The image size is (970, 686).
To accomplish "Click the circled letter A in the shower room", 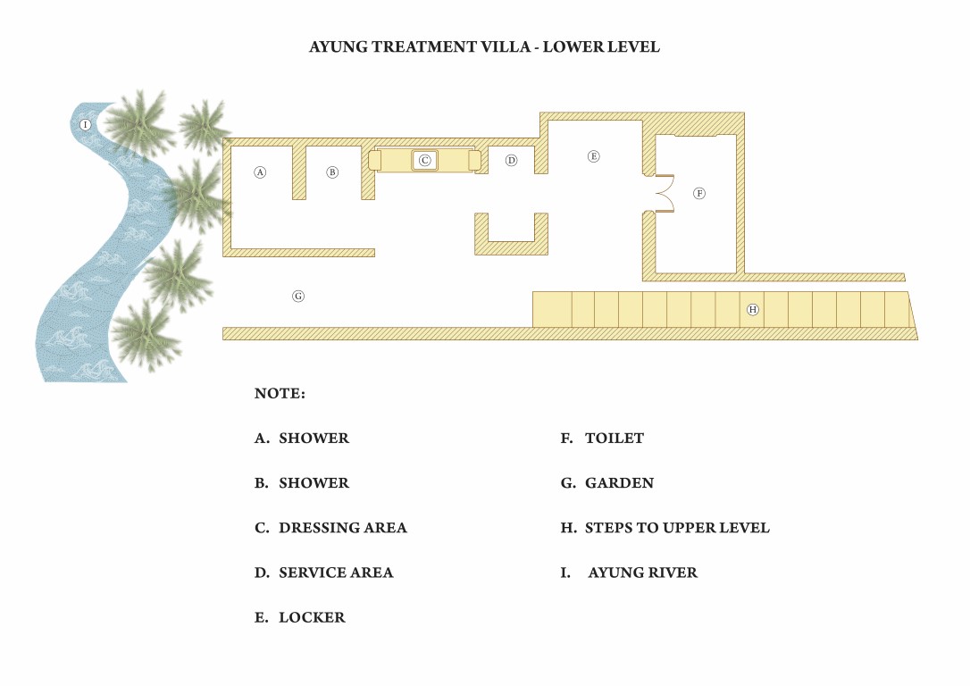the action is [x=260, y=172].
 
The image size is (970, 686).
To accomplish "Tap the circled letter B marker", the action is [x=332, y=172].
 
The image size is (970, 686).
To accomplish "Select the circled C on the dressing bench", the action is [x=424, y=160].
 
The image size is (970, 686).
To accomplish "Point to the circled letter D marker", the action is [x=511, y=160].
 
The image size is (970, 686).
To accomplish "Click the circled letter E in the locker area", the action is [x=593, y=156].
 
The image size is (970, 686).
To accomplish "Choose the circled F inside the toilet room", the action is [x=699, y=193].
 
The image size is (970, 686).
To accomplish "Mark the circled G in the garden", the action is [x=298, y=297].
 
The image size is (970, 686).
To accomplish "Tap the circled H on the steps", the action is [x=752, y=309].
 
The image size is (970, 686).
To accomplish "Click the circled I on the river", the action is [x=86, y=124].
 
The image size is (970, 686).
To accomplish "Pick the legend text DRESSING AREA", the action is [x=343, y=528].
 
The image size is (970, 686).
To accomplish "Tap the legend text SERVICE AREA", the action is [x=336, y=573].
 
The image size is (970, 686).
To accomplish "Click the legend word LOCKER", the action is [x=312, y=617].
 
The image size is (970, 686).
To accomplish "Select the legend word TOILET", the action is [x=615, y=439].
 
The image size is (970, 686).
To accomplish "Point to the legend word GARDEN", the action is [x=619, y=483].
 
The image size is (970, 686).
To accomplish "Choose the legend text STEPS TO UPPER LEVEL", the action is [x=677, y=528].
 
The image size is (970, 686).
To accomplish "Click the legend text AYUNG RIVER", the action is [x=643, y=573].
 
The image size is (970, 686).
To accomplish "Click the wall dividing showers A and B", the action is [x=299, y=172].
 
